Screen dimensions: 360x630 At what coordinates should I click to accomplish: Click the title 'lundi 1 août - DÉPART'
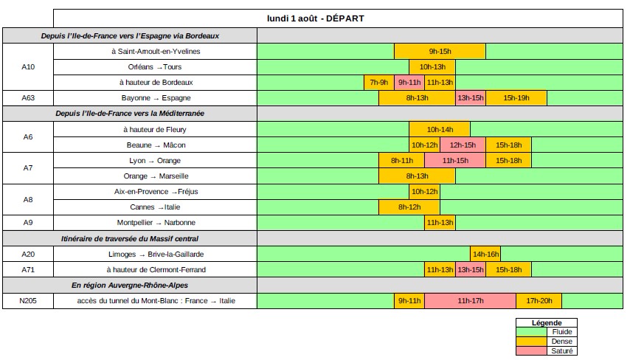[x=315, y=18]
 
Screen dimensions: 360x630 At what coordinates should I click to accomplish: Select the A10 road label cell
[x=28, y=66]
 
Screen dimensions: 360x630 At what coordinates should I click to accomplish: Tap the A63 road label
[x=28, y=98]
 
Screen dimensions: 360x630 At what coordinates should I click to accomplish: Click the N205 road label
[x=28, y=301]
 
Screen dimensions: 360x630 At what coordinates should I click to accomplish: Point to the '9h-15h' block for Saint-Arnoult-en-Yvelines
[x=440, y=51]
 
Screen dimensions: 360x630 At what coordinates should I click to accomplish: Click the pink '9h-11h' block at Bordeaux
[x=409, y=82]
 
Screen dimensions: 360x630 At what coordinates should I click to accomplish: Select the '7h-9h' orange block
[x=378, y=82]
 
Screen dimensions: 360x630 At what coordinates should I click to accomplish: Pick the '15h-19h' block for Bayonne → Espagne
[x=516, y=98]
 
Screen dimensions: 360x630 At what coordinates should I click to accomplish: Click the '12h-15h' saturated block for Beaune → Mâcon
[x=463, y=145]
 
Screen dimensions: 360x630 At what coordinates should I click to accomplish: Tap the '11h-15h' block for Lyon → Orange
[x=455, y=160]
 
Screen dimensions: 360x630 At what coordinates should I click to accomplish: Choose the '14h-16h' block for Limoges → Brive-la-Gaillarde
[x=485, y=254]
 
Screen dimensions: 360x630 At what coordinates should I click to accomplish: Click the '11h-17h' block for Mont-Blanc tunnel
[x=470, y=301]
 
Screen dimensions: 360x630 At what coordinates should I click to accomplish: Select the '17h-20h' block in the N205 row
[x=539, y=301]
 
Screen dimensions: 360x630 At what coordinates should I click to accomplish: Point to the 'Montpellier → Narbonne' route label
[x=155, y=223]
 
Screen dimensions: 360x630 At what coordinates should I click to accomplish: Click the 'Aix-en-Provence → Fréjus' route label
[x=155, y=192]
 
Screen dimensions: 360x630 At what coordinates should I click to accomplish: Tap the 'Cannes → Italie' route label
[x=155, y=207]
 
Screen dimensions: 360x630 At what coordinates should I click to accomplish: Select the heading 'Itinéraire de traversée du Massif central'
[x=129, y=238]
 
